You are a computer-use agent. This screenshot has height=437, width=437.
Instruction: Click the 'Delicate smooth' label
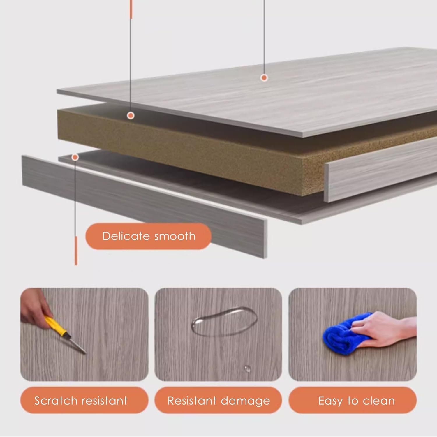coord(148,236)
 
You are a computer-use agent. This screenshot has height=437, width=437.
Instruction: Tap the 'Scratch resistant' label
coord(84,400)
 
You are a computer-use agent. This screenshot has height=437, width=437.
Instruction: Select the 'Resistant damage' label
coord(218,400)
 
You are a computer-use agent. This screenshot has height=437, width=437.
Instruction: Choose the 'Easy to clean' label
coord(353,400)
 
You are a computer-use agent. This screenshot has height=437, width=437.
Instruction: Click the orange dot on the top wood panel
coord(264,77)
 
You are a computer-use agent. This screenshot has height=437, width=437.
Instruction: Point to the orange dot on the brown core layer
coord(131,116)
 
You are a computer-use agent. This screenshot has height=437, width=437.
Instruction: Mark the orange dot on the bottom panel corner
coord(75,158)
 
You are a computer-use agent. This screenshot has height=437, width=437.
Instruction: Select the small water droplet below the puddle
coord(247,369)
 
